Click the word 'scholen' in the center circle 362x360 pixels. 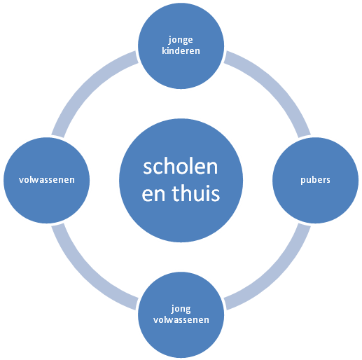point(180,167)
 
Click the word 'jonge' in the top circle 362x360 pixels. point(181,40)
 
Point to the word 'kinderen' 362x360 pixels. point(181,50)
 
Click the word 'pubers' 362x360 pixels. point(315,180)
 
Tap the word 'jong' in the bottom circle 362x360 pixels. point(181,309)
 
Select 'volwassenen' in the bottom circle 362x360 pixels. point(181,319)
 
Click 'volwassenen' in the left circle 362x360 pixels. point(47,179)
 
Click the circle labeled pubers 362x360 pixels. point(315,180)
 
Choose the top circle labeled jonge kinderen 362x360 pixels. point(181,46)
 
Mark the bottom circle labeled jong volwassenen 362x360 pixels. point(181,314)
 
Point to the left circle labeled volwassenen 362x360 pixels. point(47,180)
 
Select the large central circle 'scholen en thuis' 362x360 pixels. point(181,180)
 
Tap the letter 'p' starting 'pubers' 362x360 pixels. point(303,181)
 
